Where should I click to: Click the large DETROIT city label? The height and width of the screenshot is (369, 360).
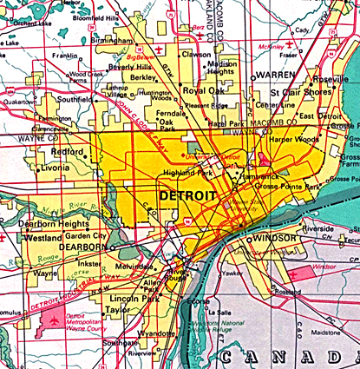[186, 196]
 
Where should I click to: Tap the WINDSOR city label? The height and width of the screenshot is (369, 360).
[274, 238]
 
